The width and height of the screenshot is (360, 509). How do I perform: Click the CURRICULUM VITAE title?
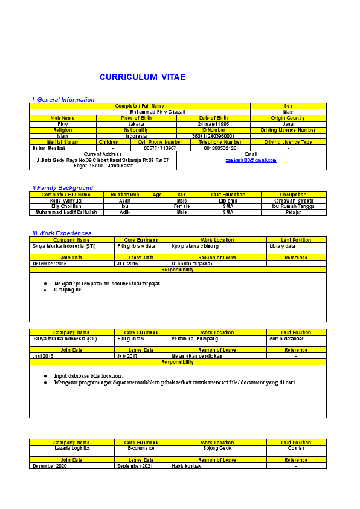click(x=143, y=77)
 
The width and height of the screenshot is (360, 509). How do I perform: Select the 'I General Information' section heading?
click(x=63, y=99)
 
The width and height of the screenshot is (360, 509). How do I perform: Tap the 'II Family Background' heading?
click(x=63, y=188)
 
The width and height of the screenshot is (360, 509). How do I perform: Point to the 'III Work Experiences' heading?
click(x=62, y=233)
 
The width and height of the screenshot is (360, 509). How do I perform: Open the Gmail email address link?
click(x=251, y=160)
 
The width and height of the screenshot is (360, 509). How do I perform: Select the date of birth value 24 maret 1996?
click(x=213, y=124)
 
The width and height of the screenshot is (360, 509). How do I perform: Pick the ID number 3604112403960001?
click(x=213, y=136)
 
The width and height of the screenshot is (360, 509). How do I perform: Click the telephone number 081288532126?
click(x=220, y=148)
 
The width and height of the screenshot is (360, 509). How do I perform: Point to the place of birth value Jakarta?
click(x=136, y=124)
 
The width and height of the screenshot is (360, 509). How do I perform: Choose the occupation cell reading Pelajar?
click(x=294, y=212)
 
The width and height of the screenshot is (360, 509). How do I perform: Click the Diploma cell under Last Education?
click(x=228, y=201)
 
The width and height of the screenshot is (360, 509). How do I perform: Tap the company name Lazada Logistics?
click(x=72, y=448)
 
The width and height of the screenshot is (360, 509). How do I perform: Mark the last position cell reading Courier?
click(x=296, y=448)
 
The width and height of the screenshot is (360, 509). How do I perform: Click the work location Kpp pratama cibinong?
click(x=195, y=246)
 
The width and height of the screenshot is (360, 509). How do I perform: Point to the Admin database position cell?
click(x=286, y=339)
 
